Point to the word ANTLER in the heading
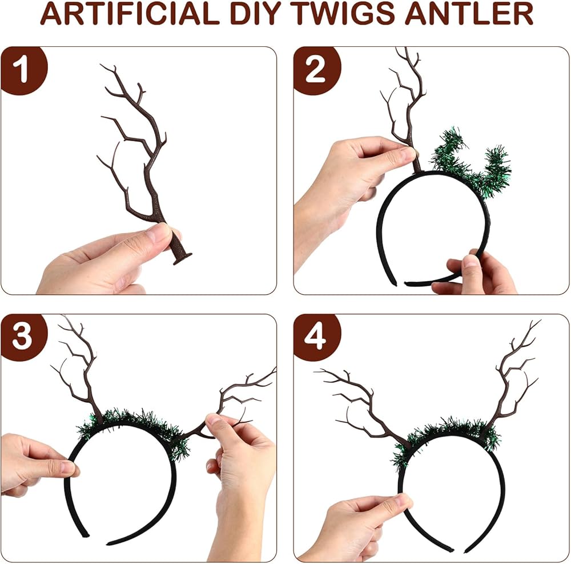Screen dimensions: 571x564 click(x=469, y=14)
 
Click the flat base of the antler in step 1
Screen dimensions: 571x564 click(x=182, y=258)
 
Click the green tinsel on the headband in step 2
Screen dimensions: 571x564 click(x=473, y=164)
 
